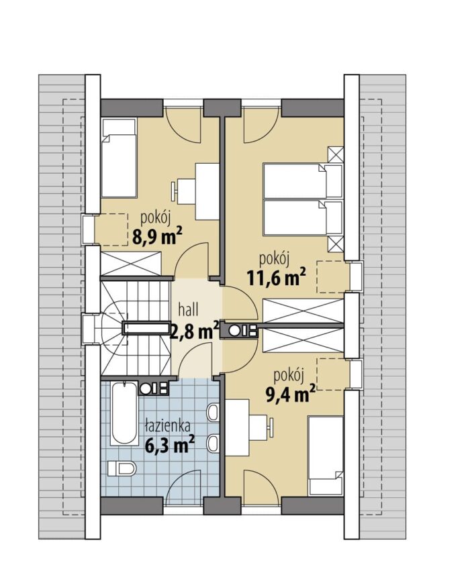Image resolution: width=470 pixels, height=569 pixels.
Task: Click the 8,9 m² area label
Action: point(157,237)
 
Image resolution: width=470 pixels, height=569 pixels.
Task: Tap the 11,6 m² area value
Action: point(276,277)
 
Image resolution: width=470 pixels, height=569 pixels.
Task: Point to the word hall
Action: point(188,309)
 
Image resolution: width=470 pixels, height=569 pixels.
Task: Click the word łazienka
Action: point(167,426)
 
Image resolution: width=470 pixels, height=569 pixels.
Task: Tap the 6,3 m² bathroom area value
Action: point(169,444)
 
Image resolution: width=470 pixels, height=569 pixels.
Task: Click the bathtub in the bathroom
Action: point(125,413)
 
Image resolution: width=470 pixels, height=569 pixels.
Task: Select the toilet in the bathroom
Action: point(122,468)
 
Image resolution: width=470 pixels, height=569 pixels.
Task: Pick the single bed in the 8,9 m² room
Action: point(118,158)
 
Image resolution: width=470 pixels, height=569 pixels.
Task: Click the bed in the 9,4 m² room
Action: point(325,456)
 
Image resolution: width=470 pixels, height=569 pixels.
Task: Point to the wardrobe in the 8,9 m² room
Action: point(130,263)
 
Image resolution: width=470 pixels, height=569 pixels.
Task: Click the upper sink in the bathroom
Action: point(213,412)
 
